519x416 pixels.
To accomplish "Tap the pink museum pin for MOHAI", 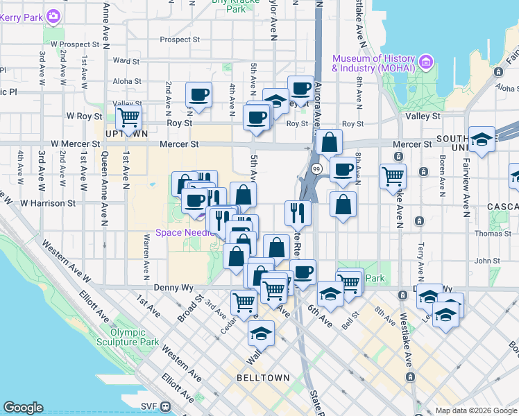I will (x=426, y=63).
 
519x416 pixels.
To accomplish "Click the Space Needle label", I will (x=178, y=232).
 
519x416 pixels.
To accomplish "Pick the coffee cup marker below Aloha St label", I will (x=198, y=94).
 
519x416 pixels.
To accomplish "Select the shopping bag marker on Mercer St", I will (x=330, y=143).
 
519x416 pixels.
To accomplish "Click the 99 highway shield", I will (x=316, y=168).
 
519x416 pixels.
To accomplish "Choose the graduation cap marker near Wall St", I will (x=261, y=334).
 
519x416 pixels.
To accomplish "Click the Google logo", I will (x=23, y=408).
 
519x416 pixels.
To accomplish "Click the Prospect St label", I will (x=180, y=40).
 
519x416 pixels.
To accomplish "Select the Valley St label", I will (x=427, y=116).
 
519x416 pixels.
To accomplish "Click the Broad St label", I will (x=189, y=306).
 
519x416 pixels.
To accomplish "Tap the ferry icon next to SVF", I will (x=166, y=406).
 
